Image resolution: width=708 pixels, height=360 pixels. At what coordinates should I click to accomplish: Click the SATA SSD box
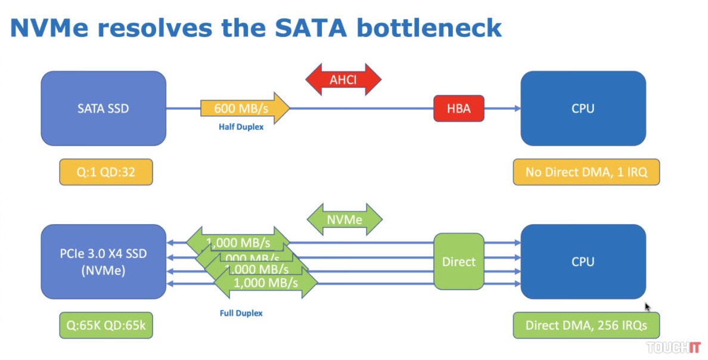tap(103, 108)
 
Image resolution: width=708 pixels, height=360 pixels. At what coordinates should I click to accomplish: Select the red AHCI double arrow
tap(343, 79)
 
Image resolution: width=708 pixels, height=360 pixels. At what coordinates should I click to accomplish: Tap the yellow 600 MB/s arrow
tap(245, 108)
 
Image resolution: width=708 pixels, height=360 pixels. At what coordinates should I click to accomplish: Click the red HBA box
tap(458, 108)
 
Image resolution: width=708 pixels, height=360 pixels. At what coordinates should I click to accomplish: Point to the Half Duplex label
tap(241, 127)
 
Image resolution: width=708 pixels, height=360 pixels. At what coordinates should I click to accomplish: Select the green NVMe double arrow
tap(344, 219)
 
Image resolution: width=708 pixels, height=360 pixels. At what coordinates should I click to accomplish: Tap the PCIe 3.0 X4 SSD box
tap(103, 261)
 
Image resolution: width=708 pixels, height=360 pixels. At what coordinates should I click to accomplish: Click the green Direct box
tap(458, 262)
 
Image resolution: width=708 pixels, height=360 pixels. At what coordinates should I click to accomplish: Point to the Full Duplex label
tap(241, 313)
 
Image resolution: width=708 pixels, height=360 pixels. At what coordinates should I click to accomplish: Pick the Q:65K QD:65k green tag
tap(106, 325)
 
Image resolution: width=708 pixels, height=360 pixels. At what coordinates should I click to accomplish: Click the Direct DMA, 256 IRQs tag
tap(586, 325)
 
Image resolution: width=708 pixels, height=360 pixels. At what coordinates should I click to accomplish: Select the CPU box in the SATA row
tap(583, 108)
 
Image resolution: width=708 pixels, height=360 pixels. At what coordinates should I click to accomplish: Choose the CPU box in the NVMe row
tap(583, 261)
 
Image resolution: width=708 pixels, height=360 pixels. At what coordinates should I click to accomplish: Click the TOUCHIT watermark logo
tap(673, 347)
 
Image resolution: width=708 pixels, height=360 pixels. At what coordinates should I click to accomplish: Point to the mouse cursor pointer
tap(648, 307)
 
